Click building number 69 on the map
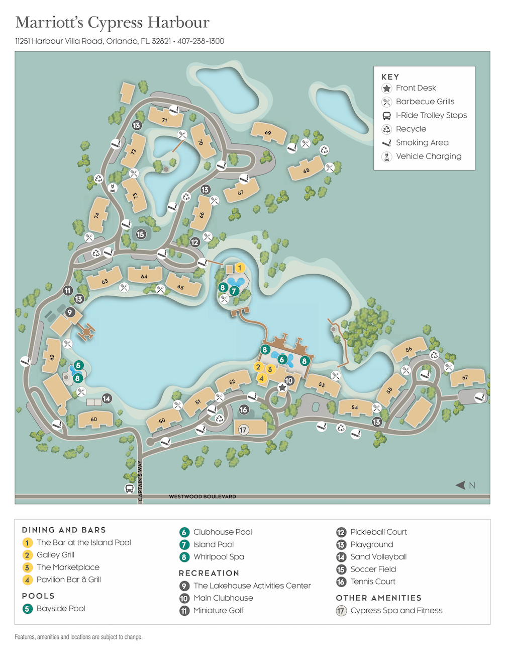tap(268, 133)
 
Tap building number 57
tap(465, 377)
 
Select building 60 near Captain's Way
tap(94, 419)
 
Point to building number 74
tap(97, 215)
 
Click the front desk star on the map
tap(282, 387)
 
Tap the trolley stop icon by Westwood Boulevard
tap(129, 488)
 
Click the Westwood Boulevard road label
tap(202, 497)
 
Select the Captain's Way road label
tap(140, 480)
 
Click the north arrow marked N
tap(465, 485)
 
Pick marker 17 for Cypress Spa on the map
tap(243, 430)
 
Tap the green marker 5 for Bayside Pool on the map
tap(78, 365)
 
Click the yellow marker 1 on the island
tap(240, 268)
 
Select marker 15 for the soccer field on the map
tap(141, 234)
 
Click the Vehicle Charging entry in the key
tap(428, 156)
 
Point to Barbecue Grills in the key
tap(425, 102)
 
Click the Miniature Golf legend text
tap(218, 610)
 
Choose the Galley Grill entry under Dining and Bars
tap(55, 555)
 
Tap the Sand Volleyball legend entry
tap(378, 556)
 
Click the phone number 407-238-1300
tap(200, 41)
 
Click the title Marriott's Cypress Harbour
tap(113, 23)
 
